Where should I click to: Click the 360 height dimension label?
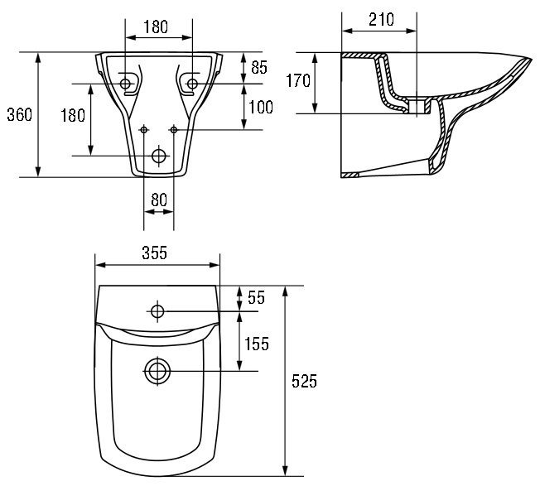tap(18, 115)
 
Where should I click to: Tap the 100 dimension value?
tap(261, 108)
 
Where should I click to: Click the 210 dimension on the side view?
tap(380, 18)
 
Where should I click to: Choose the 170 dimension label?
tap(298, 80)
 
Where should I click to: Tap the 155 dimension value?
tap(257, 344)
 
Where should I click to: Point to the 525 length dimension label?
tap(304, 382)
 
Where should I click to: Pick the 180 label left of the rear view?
tap(73, 115)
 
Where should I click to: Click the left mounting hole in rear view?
tap(126, 84)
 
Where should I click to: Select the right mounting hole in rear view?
tap(192, 84)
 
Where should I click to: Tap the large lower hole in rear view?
tap(158, 156)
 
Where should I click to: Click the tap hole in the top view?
tap(158, 311)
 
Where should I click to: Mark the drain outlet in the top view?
tap(157, 371)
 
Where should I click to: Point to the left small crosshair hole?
tap(144, 129)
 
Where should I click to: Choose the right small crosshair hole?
tap(174, 129)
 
